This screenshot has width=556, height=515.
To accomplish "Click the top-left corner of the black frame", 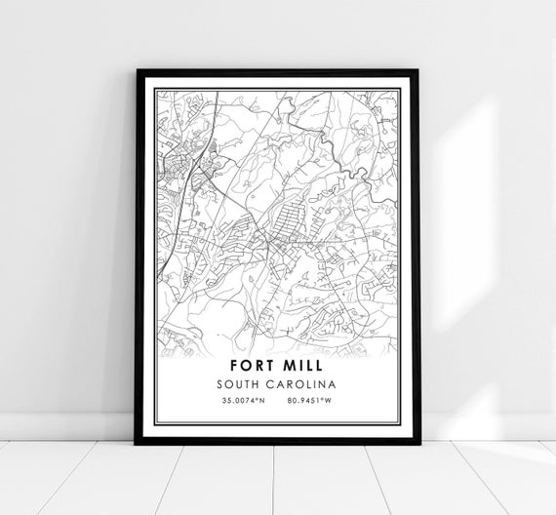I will click(139, 71).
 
